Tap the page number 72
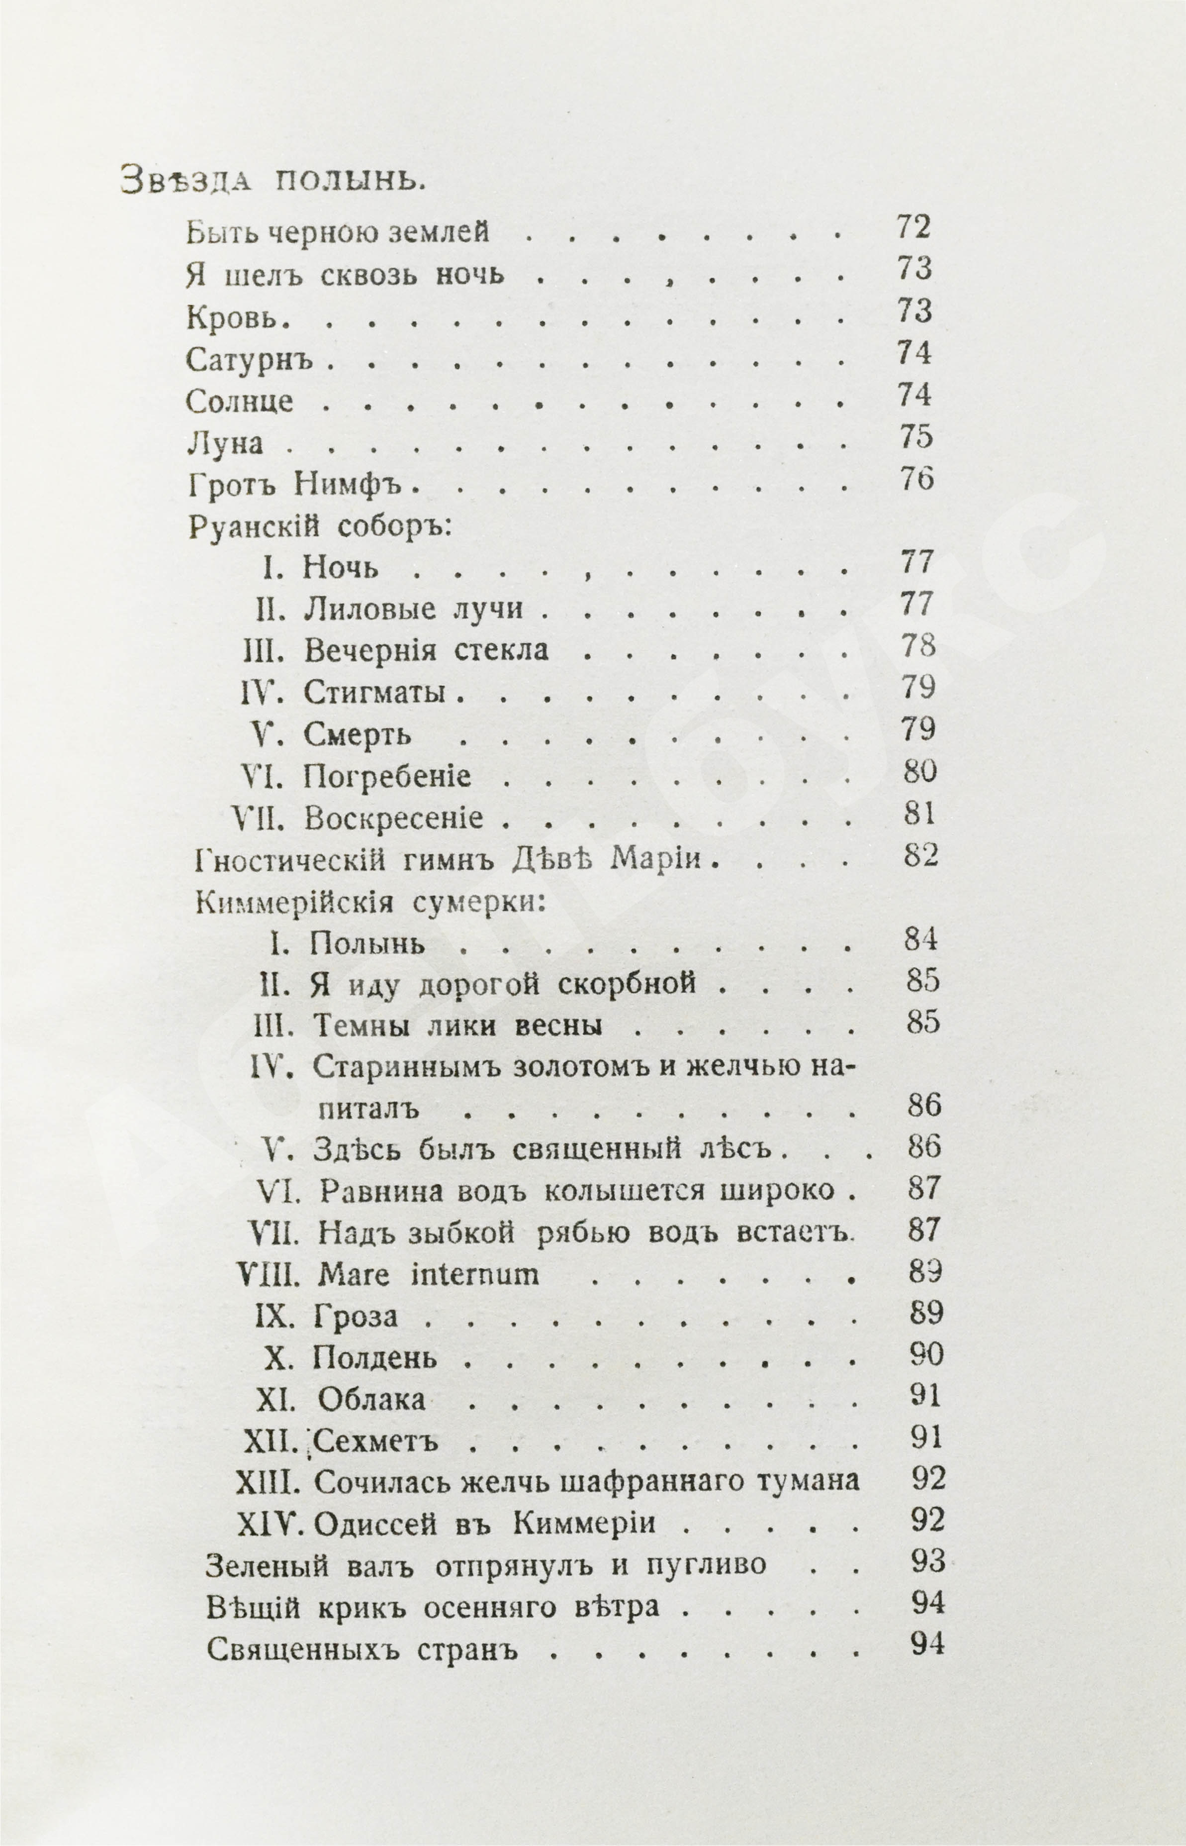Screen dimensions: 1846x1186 click(x=913, y=227)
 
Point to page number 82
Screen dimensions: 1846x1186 click(x=921, y=856)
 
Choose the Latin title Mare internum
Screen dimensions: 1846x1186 click(x=428, y=1276)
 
